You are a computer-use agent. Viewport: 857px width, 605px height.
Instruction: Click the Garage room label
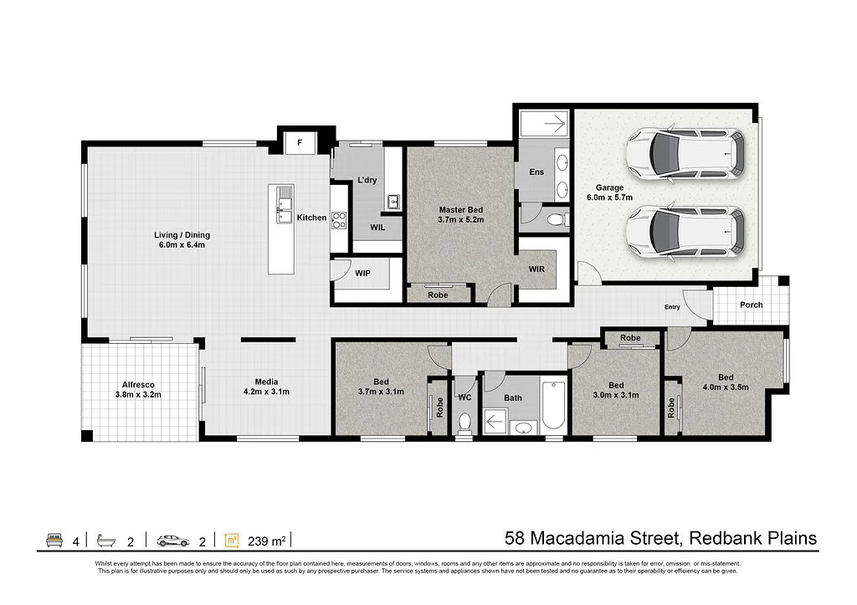(x=609, y=187)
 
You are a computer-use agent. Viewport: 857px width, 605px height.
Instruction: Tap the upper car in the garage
(x=685, y=154)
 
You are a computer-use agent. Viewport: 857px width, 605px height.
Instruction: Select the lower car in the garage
(x=685, y=232)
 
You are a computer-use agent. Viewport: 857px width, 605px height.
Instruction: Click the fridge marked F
(x=300, y=143)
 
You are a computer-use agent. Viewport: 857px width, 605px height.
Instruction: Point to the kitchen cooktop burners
(x=339, y=220)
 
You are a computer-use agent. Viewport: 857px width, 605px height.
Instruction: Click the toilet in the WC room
(x=464, y=423)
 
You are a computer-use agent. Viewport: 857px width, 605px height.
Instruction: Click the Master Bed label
(x=461, y=210)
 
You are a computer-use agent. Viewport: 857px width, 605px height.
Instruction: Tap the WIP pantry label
(x=362, y=274)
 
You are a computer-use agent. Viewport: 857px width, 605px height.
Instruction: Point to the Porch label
(x=751, y=305)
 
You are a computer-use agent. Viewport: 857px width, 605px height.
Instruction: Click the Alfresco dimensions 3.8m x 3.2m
(x=138, y=395)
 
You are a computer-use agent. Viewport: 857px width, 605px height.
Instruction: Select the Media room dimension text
(x=266, y=392)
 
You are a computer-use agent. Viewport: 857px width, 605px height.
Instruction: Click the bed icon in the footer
(x=54, y=541)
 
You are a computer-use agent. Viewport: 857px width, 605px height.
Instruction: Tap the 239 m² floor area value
(x=267, y=541)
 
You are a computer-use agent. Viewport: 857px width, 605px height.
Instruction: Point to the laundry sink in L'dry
(x=393, y=203)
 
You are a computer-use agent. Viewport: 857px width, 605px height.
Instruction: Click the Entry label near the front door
(x=672, y=307)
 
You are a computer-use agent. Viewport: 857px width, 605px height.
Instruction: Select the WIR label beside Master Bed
(x=536, y=269)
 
